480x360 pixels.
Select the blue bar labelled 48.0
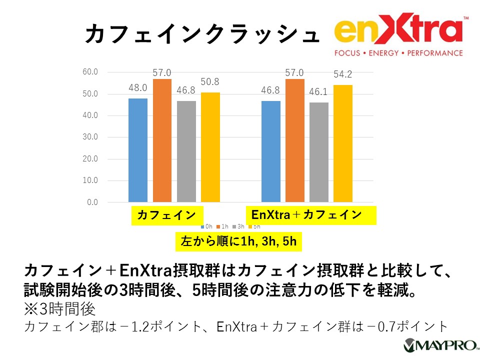coord(138,150)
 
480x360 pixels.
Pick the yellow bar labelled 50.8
coord(210,147)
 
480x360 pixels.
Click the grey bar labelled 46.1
coord(319,152)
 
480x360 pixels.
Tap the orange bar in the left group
coord(162,140)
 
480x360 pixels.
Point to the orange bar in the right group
coord(295,140)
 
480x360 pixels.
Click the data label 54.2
coord(343,74)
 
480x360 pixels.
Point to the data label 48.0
coord(138,88)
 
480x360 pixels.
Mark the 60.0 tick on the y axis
coord(90,72)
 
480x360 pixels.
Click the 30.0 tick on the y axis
coord(90,137)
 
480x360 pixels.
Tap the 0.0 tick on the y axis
coord(92,202)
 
